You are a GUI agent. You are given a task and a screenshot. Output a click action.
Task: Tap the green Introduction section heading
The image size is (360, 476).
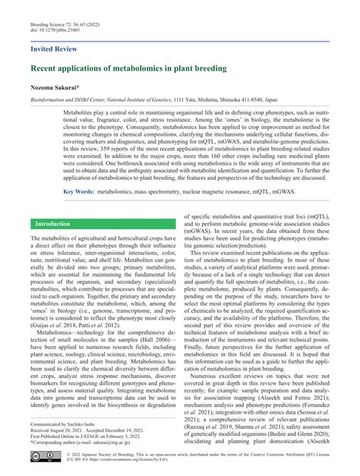pyautogui.click(x=53, y=225)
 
